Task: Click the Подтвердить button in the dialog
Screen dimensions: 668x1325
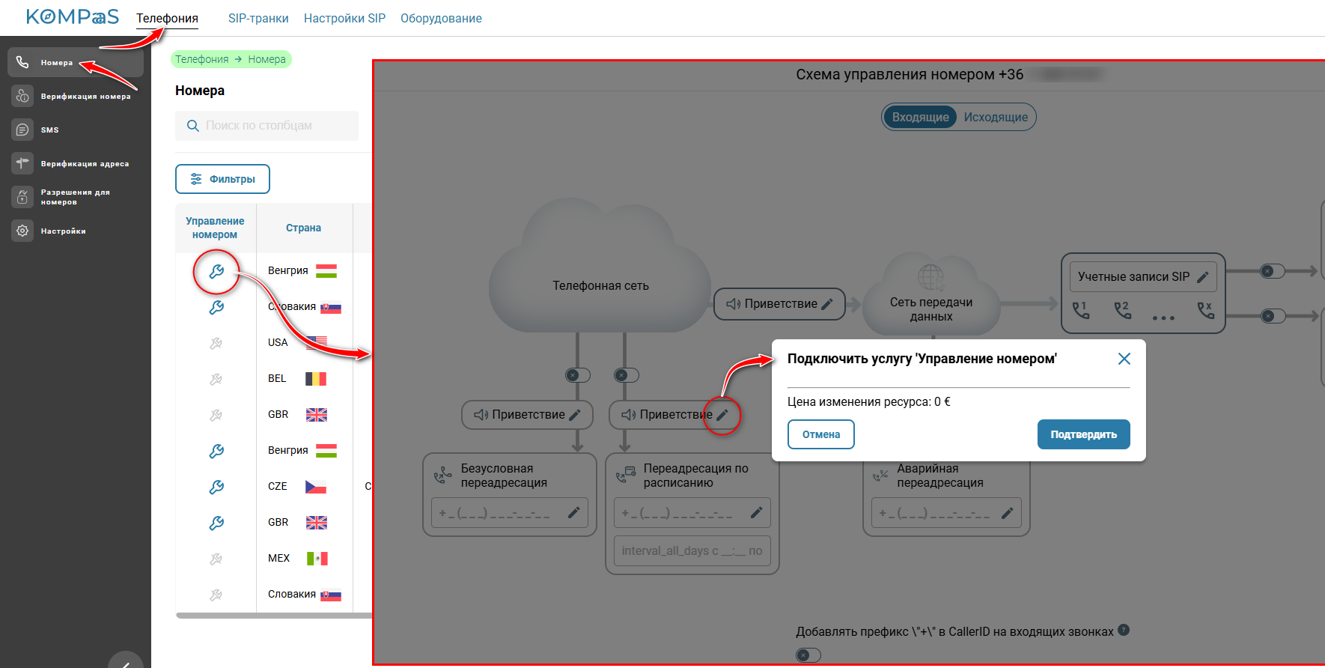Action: (x=1083, y=434)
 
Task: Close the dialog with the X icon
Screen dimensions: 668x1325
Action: (x=1124, y=359)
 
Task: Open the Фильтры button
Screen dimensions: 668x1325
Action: (x=222, y=179)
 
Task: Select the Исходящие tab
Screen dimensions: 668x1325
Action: (x=996, y=117)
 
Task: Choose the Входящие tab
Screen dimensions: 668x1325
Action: (x=920, y=117)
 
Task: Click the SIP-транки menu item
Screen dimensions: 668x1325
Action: (x=258, y=18)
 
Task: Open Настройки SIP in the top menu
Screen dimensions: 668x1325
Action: (x=344, y=18)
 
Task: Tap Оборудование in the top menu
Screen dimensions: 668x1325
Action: (x=441, y=18)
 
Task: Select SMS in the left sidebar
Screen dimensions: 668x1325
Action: (x=49, y=130)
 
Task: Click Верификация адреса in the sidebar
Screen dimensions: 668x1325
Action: (x=84, y=163)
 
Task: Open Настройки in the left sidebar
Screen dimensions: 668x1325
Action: (x=63, y=231)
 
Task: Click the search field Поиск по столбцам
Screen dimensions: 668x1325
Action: (x=266, y=126)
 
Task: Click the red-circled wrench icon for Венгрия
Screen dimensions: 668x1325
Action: (x=216, y=271)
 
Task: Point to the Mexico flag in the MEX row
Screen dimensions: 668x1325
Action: (x=317, y=558)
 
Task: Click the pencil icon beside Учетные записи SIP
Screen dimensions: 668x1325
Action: (x=1203, y=277)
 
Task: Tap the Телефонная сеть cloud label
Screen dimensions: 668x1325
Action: (x=600, y=285)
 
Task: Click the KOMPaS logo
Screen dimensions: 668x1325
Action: (x=73, y=16)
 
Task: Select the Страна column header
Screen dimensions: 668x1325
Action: (x=303, y=228)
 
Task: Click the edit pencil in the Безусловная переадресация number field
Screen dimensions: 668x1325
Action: (x=573, y=513)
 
